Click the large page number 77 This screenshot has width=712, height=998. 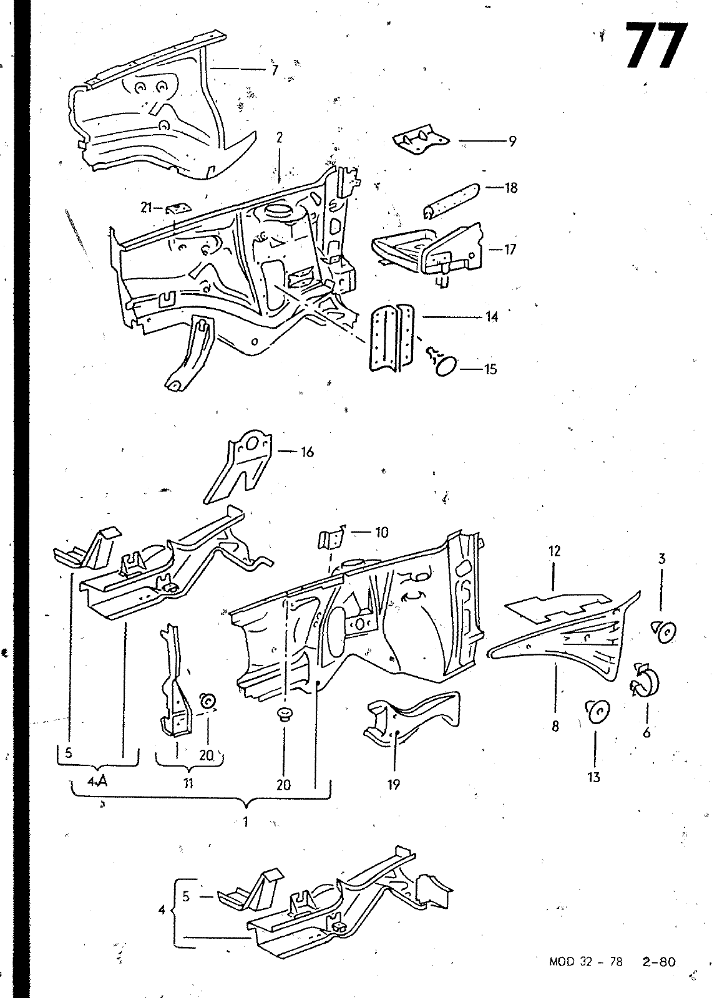tap(655, 46)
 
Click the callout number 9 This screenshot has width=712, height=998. tap(512, 141)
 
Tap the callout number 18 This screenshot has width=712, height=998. tap(511, 188)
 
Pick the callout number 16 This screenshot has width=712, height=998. tap(307, 452)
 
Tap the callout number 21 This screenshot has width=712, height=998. tap(146, 207)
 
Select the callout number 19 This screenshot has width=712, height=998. tap(394, 785)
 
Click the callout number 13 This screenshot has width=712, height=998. tap(593, 777)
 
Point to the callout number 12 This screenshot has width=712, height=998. tap(554, 551)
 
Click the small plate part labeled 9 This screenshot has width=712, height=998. tap(421, 139)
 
